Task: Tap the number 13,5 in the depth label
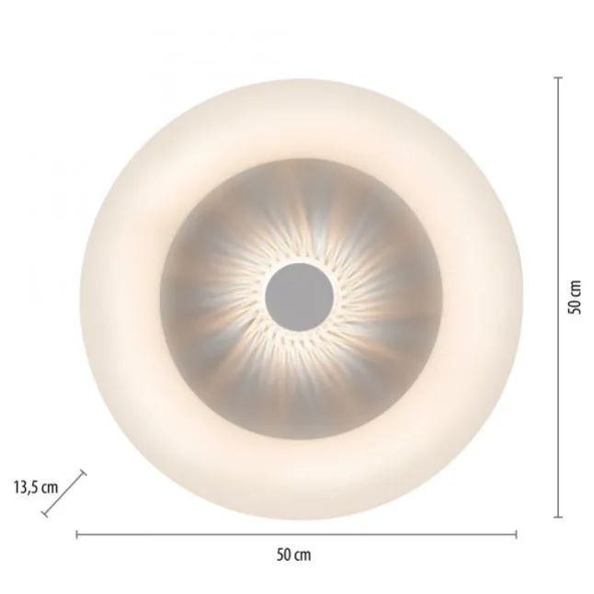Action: (26, 487)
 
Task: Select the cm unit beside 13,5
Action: (50, 488)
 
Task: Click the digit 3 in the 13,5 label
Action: (22, 487)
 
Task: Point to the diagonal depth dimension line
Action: (63, 494)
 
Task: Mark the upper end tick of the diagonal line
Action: (83, 473)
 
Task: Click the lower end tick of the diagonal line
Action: (44, 514)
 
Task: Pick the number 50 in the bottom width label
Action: (284, 555)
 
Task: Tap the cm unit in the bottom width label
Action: (303, 556)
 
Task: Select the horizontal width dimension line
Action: (297, 534)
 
